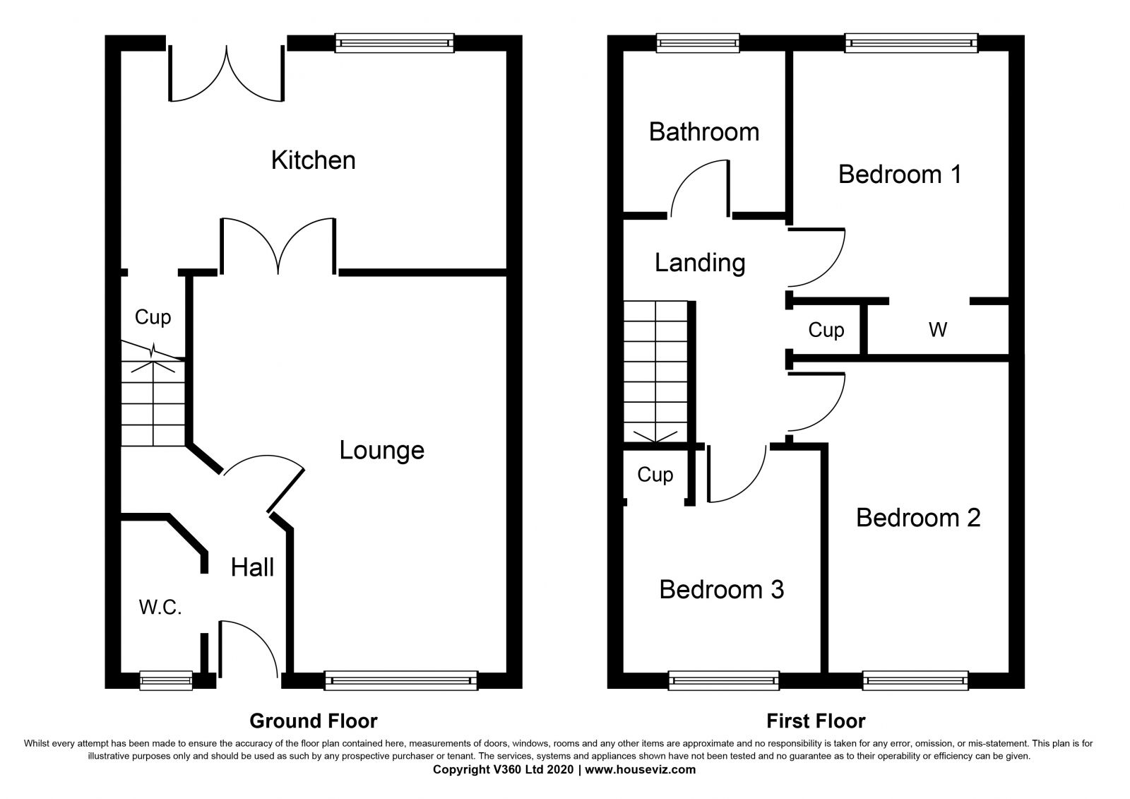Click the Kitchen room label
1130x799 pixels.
[314, 160]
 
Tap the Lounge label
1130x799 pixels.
[382, 450]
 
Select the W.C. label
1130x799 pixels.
[160, 608]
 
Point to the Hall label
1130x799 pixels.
[252, 567]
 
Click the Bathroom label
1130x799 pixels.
[703, 131]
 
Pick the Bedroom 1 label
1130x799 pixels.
[900, 174]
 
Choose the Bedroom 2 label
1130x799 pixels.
[918, 518]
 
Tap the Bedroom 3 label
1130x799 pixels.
[721, 589]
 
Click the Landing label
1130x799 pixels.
[700, 264]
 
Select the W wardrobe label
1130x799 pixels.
[938, 330]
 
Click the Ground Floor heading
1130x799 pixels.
[314, 721]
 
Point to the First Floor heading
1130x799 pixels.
[816, 721]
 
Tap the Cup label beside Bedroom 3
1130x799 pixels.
[655, 475]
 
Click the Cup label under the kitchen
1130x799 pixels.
[153, 317]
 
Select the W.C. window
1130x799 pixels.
[166, 680]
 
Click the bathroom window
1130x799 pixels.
[698, 43]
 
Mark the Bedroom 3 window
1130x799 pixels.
[723, 680]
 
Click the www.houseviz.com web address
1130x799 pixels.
[640, 769]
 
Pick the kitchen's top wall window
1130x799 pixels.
[395, 43]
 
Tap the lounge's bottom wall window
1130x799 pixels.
[401, 680]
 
